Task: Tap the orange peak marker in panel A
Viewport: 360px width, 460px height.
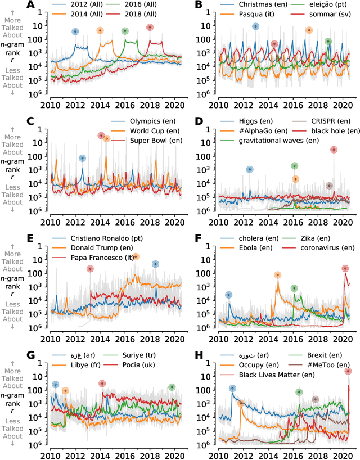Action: pos(100,30)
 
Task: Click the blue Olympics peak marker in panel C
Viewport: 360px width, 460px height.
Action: pos(83,159)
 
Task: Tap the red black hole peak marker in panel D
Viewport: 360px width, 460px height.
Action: pos(334,150)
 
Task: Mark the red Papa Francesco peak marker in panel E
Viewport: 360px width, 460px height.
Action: pos(90,269)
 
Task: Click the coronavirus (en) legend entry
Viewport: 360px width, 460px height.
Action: pos(330,247)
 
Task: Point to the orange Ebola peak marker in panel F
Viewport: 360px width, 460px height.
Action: pos(277,275)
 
